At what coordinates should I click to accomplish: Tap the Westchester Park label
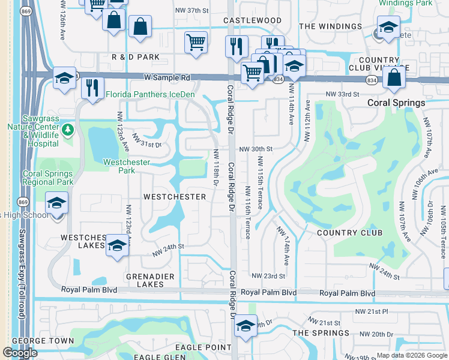pos(127,166)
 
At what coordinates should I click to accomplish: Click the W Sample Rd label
pos(167,77)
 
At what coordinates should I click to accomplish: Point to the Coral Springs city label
pos(396,103)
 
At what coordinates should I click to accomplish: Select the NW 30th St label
pos(256,149)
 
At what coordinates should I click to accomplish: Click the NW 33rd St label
pos(342,95)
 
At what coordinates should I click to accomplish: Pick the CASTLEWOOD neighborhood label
pos(252,20)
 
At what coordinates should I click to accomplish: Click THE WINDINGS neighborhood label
pos(330,26)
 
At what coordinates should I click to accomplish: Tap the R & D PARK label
pos(136,56)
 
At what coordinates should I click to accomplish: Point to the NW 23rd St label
pos(268,276)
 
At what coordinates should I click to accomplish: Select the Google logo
pos(20,353)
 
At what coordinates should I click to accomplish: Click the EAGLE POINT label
pos(203,347)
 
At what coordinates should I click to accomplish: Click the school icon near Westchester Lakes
pos(117,245)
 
